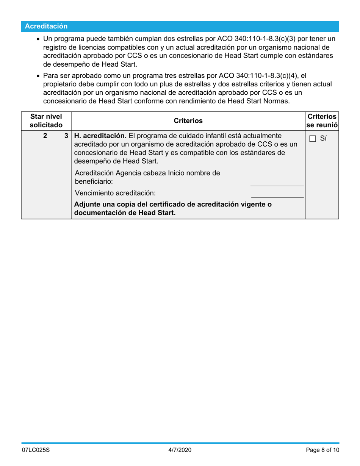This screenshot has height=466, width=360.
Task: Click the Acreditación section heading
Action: click(x=46, y=26)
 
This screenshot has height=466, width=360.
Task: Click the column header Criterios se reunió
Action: click(x=322, y=120)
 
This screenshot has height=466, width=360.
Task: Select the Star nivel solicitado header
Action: click(x=46, y=120)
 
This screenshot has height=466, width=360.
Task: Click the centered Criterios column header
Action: click(x=188, y=121)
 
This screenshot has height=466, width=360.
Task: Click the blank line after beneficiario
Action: click(x=277, y=183)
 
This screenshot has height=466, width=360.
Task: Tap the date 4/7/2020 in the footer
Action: click(x=180, y=450)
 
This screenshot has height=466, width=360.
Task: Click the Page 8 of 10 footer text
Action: click(x=322, y=450)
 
